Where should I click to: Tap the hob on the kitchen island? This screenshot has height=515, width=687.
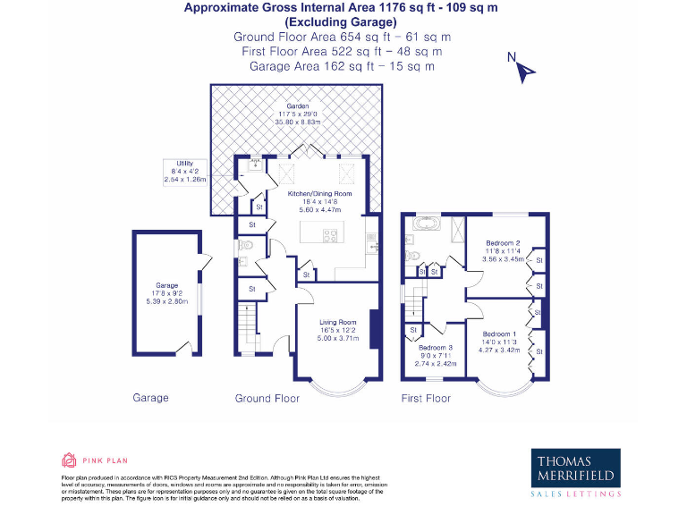tap(329, 237)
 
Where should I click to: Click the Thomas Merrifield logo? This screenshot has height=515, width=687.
tap(577, 469)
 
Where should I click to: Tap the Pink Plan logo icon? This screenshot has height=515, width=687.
tap(68, 460)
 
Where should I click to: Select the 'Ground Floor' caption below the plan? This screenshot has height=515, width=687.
tap(267, 398)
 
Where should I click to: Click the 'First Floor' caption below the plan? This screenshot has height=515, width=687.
tap(426, 398)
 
